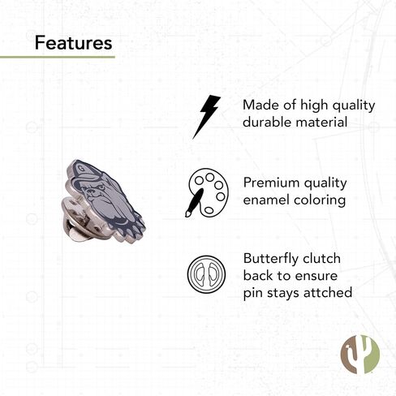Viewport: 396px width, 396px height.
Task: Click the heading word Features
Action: (x=73, y=43)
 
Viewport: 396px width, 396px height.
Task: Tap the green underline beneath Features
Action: (x=58, y=57)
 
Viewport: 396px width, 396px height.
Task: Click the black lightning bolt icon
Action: (x=207, y=117)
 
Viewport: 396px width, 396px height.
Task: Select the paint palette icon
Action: (x=207, y=192)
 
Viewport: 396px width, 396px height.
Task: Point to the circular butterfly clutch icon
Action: (x=206, y=274)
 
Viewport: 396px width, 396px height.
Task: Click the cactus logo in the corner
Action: (x=359, y=354)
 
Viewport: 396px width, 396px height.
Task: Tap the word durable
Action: (x=267, y=122)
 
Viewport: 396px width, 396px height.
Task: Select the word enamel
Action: (x=266, y=200)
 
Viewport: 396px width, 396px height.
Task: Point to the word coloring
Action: (x=320, y=201)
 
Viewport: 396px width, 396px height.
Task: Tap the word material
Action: (x=321, y=122)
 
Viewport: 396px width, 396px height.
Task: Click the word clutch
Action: (x=321, y=258)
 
